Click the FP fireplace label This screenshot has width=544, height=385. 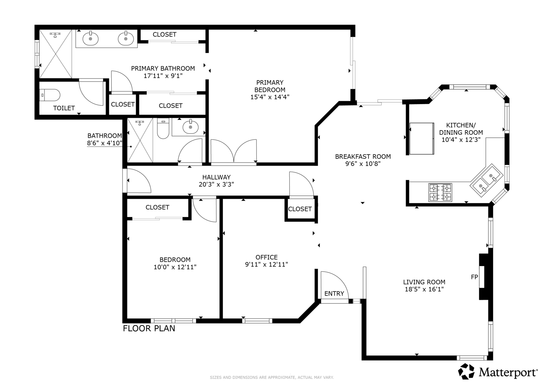(x=474, y=277)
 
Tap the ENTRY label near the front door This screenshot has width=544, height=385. (x=334, y=294)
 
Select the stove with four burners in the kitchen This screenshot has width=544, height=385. (x=440, y=192)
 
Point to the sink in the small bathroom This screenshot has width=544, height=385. (x=190, y=127)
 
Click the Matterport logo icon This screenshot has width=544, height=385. (x=466, y=371)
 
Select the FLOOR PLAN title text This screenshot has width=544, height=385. (x=149, y=329)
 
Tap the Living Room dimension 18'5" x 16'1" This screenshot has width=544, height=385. (x=424, y=289)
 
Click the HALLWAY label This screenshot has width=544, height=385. (x=216, y=177)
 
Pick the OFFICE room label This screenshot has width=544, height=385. (x=267, y=257)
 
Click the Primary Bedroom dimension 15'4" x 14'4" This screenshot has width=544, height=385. (x=270, y=97)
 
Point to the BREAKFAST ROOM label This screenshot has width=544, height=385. (x=363, y=156)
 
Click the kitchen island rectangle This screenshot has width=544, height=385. (x=422, y=138)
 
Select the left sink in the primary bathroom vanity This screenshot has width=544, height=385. (x=90, y=38)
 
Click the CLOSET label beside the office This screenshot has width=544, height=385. (x=300, y=209)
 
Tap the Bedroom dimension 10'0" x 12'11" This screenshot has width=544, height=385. (x=175, y=267)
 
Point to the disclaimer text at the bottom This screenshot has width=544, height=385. (x=272, y=378)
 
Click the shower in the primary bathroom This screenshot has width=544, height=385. (x=56, y=54)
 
